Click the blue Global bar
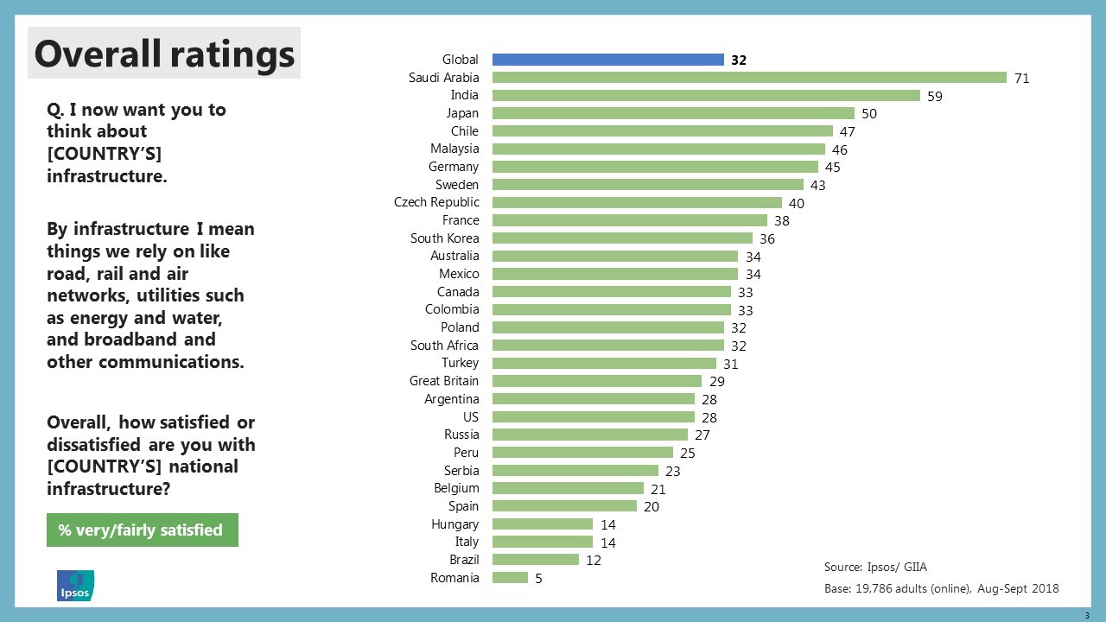[607, 60]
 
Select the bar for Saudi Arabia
[749, 78]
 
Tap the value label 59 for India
[935, 96]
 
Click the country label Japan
[461, 113]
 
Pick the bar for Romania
[510, 578]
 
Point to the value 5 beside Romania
[538, 579]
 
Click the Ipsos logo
[75, 586]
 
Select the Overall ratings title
[164, 54]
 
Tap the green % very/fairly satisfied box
[142, 530]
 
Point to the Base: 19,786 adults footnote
[941, 588]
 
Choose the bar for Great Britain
[596, 381]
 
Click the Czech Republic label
[436, 202]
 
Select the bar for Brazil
[535, 560]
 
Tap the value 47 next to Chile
[847, 132]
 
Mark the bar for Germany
[655, 167]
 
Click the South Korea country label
[444, 238]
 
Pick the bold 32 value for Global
[737, 60]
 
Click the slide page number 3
[1087, 614]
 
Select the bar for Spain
[564, 506]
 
